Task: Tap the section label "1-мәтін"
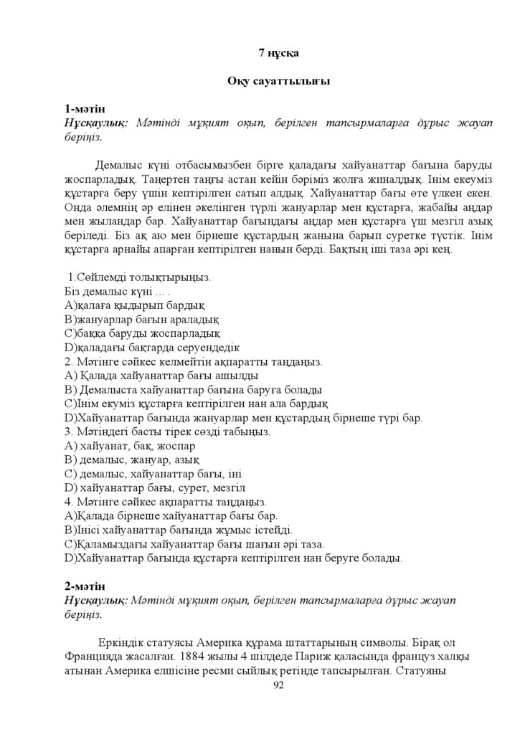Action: tap(85, 109)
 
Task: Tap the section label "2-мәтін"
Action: tap(85, 584)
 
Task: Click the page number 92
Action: tap(279, 686)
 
